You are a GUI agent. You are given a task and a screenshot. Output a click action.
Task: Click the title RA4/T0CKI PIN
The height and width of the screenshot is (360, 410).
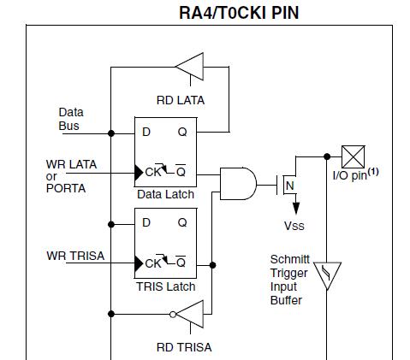pos(239,13)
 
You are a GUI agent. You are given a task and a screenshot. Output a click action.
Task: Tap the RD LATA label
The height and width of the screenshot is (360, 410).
pos(181,100)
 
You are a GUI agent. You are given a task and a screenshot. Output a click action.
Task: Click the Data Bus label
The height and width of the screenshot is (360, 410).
pos(71,119)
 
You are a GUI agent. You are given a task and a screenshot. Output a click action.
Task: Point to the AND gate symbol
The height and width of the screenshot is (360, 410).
pos(238,184)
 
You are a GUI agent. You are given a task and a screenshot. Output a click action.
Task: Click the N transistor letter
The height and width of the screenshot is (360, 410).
pos(290,186)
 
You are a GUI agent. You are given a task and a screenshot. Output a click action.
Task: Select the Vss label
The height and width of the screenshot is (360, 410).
pos(294,226)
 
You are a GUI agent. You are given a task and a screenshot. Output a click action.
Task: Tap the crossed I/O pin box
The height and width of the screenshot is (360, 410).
pos(354,156)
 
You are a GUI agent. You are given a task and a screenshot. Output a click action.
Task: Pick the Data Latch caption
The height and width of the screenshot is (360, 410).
pos(165,194)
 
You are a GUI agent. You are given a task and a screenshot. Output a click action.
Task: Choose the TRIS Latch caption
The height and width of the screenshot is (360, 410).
pos(166,286)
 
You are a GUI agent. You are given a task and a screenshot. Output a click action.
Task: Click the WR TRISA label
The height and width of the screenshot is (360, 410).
pos(75,256)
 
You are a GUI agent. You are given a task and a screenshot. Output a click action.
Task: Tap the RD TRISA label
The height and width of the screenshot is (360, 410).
pos(184,347)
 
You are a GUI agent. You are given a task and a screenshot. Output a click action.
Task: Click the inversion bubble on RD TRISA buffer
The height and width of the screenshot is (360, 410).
pos(173,315)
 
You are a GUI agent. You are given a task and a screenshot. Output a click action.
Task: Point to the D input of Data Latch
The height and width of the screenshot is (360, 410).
pos(146,132)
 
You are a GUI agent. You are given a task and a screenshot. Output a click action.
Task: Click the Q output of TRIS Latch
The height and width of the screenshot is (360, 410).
pos(182,222)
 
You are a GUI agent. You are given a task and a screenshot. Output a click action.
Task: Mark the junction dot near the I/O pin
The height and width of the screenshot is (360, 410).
pos(327,156)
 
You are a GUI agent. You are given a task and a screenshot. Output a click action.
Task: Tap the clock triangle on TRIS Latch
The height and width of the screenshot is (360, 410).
pos(139,263)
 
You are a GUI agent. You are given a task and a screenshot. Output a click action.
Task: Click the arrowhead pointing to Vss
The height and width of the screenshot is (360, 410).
pos(296,208)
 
